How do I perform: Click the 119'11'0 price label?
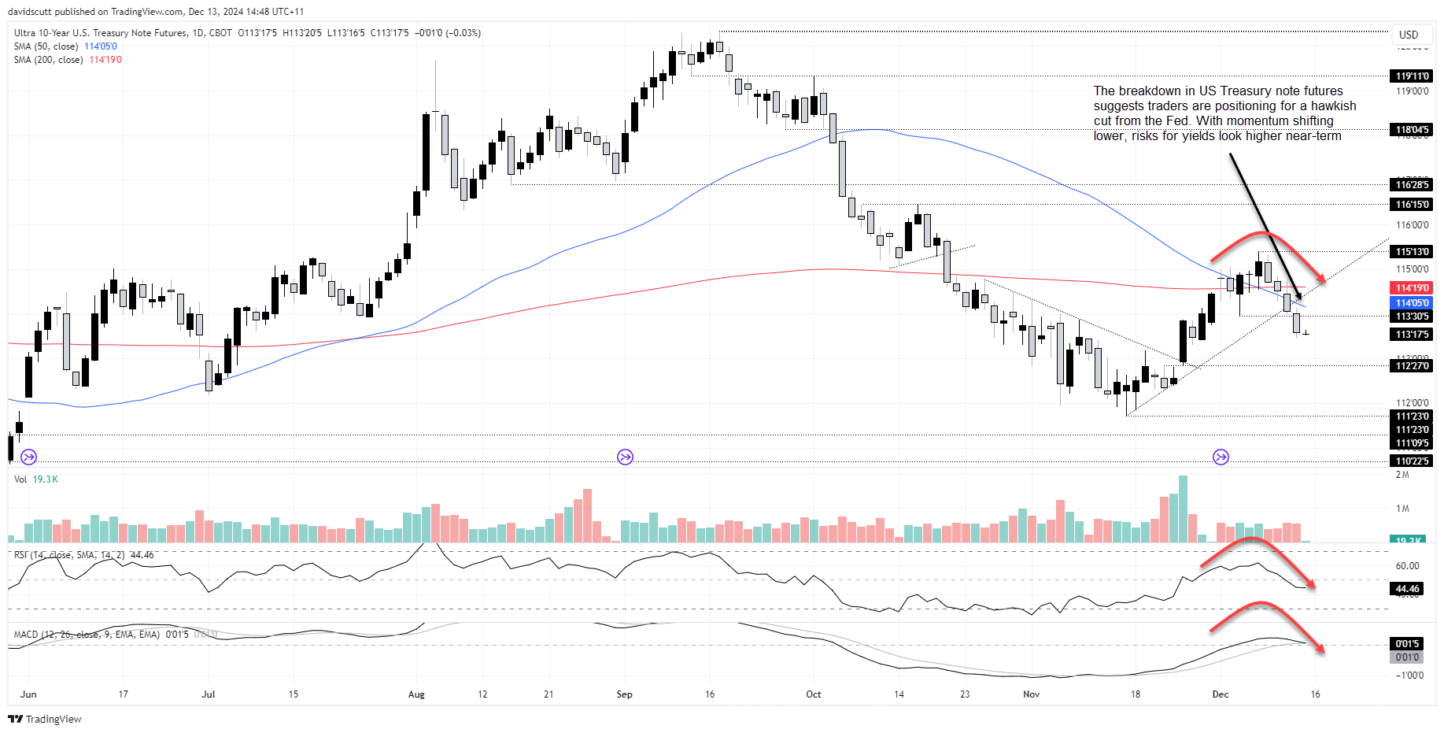pos(1413,76)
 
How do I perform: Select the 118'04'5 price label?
pos(1413,130)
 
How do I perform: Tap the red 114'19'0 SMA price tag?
pos(1413,288)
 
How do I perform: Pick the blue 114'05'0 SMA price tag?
pos(1413,303)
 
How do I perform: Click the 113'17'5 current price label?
pos(1413,335)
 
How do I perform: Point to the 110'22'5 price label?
pos(1413,461)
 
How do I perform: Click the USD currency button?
pos(1409,35)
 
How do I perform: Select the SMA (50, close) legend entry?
pos(46,46)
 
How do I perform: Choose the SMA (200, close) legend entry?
pos(48,60)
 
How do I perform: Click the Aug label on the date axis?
pos(416,694)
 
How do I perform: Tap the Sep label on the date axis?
pos(624,694)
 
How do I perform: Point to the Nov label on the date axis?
pos(1031,694)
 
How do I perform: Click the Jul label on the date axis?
pos(209,694)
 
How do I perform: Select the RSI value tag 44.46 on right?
pos(1408,589)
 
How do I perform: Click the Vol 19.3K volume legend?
pos(35,479)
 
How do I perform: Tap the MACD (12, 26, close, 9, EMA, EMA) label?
pos(87,635)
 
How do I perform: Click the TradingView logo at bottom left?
pos(45,719)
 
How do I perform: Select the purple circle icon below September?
pos(625,457)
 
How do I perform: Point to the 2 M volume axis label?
pos(1402,475)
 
